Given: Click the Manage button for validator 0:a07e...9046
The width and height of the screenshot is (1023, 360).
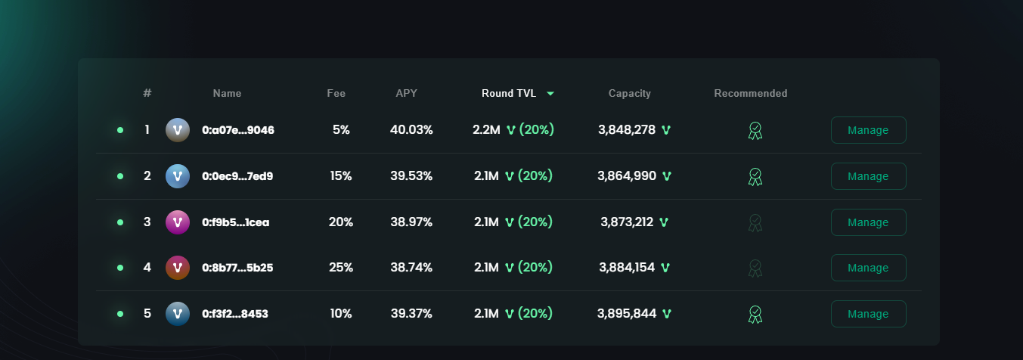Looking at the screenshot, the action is (x=868, y=130).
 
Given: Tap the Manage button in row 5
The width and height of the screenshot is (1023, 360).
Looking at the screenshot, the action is (x=868, y=314).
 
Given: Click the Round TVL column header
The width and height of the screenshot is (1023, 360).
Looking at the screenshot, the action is (x=509, y=93).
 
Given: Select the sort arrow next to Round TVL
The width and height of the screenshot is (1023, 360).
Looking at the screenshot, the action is (x=550, y=94).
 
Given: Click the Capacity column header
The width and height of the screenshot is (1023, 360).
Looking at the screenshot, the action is (x=629, y=93).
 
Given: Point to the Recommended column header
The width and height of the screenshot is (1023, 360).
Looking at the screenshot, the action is (x=750, y=93).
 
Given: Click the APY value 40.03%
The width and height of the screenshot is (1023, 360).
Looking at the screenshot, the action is (x=411, y=130).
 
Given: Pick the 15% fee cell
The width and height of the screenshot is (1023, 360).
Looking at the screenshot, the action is (x=341, y=176).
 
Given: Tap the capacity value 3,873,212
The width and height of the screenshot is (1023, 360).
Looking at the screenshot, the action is (x=627, y=222).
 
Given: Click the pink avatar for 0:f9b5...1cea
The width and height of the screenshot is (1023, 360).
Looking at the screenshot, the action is (x=177, y=222).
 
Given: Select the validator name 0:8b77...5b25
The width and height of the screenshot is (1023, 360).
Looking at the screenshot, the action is (x=237, y=268).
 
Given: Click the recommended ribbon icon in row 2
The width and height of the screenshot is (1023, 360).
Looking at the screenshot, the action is (x=755, y=177).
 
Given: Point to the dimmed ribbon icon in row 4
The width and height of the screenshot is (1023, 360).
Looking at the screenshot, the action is (x=755, y=268).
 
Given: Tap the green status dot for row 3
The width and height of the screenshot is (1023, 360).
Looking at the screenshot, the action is (x=120, y=222).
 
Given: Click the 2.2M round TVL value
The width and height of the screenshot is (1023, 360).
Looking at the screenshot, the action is (x=486, y=130).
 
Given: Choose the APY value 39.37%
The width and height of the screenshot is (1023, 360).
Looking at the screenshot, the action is (x=411, y=313).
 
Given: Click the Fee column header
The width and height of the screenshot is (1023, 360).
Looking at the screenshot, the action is (x=336, y=93).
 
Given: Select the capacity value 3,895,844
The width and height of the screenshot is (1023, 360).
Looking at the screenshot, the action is (x=627, y=313).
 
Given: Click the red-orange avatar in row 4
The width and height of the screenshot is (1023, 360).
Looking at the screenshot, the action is (x=177, y=268).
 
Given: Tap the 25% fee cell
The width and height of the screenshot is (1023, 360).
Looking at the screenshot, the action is (x=341, y=267).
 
